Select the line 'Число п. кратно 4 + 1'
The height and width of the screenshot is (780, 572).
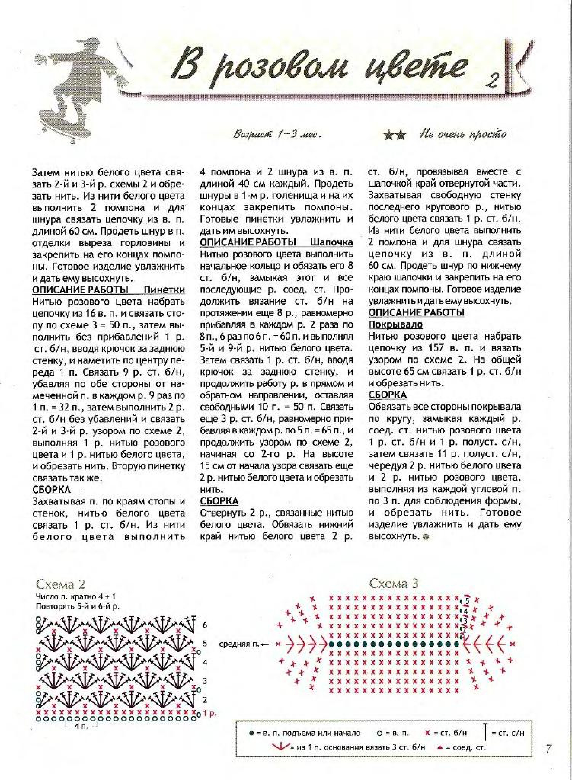[x=76, y=597]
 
